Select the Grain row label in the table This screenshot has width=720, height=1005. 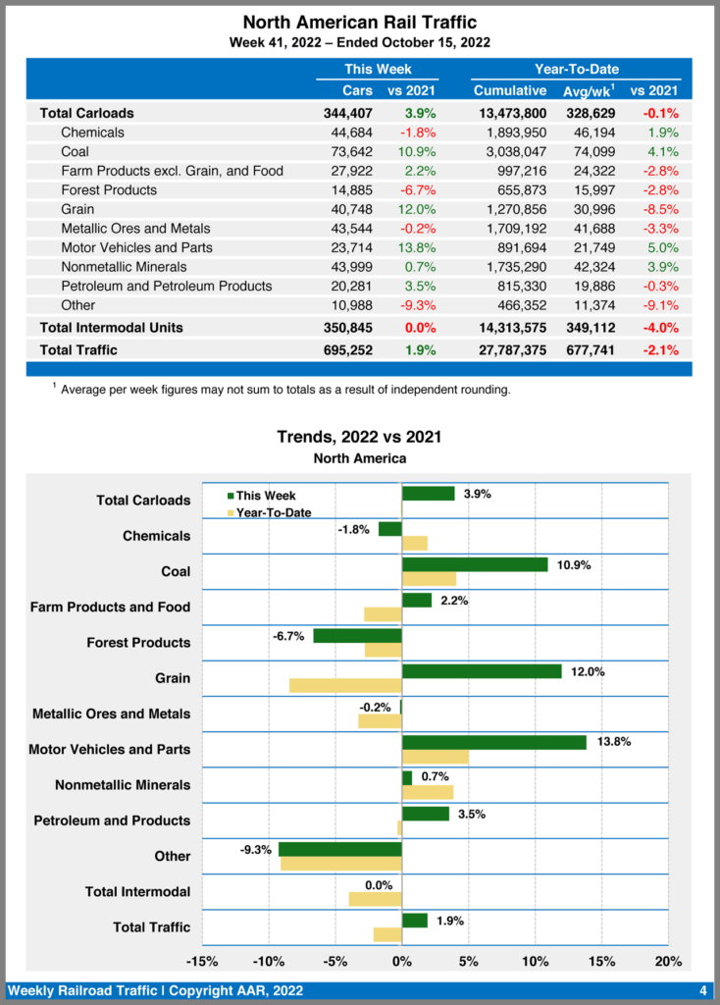point(77,209)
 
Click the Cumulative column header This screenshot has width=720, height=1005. point(510,90)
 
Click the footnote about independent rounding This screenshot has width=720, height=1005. point(284,390)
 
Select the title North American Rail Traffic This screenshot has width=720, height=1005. point(359,23)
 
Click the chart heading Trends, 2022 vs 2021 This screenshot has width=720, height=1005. point(359,438)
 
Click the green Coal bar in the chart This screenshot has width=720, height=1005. point(475,564)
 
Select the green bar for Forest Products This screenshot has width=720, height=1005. point(357,636)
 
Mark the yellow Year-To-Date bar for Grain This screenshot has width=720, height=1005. point(345,685)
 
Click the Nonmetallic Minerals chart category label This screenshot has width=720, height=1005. point(123,785)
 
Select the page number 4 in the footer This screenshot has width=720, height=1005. point(703,989)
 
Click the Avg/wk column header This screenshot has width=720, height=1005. point(589,90)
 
